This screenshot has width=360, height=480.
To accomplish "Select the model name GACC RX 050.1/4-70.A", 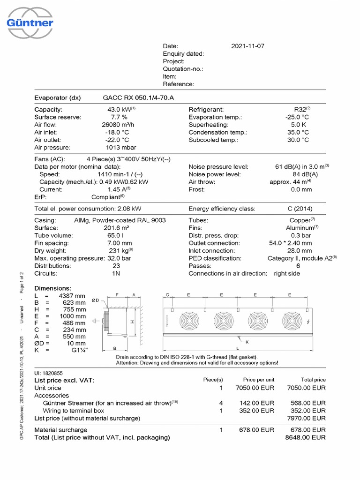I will (139, 97).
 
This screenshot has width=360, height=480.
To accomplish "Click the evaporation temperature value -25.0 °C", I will (297, 117).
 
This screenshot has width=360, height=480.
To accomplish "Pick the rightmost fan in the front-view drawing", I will (292, 321).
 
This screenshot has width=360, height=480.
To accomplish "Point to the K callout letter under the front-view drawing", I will (247, 342).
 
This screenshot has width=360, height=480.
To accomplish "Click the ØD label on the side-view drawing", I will (95, 300).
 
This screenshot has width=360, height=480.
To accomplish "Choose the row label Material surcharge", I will (61, 430).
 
